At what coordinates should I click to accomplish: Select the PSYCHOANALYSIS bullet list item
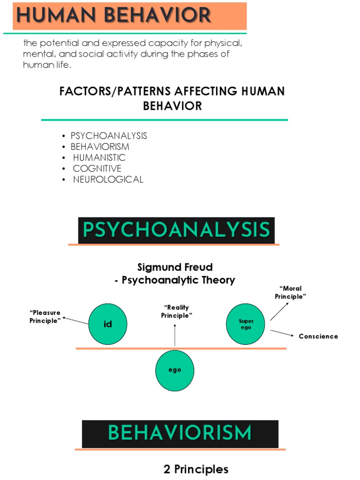point(108,136)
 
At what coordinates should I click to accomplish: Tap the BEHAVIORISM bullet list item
point(99,147)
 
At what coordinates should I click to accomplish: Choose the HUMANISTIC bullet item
point(99,158)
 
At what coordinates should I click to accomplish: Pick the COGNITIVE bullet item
point(97,169)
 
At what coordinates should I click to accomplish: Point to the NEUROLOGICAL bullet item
point(108,180)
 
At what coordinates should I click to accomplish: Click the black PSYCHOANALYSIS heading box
point(176,230)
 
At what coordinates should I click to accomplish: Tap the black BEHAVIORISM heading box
point(180,434)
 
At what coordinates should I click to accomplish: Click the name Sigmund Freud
point(175,267)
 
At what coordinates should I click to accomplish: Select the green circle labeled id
point(108,324)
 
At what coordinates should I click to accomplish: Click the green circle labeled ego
point(175,370)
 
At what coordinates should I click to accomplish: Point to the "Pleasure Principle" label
point(45,317)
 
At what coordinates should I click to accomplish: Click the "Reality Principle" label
point(177,311)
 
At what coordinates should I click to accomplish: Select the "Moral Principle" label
point(290,292)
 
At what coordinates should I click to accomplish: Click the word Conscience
point(318,337)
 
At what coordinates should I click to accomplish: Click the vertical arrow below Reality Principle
point(175,335)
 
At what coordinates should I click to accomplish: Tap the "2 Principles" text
point(196,469)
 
